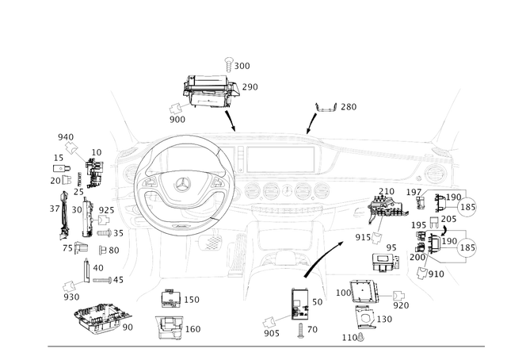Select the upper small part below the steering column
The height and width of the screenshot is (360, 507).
[171, 298]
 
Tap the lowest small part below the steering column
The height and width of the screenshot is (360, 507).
[170, 327]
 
